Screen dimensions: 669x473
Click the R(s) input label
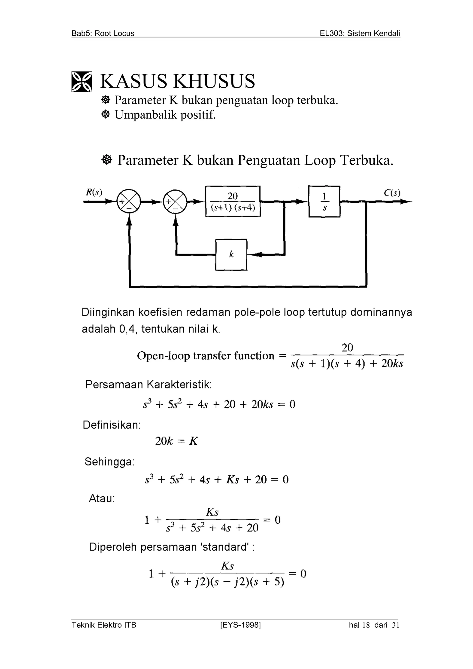pyautogui.click(x=94, y=192)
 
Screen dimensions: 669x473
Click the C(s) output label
pyautogui.click(x=392, y=193)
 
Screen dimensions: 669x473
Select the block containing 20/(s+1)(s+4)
pyautogui.click(x=233, y=201)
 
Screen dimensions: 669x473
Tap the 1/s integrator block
pyautogui.click(x=324, y=201)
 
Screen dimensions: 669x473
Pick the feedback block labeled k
pyautogui.click(x=231, y=255)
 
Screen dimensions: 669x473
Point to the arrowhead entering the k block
pyautogui.click(x=253, y=255)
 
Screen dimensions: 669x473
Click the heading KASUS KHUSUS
pyautogui.click(x=178, y=81)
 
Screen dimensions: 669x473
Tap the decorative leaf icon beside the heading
pyautogui.click(x=82, y=82)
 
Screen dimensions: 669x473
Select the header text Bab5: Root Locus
pyautogui.click(x=103, y=34)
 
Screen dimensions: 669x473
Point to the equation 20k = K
pyautogui.click(x=176, y=441)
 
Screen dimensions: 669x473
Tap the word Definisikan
pyautogui.click(x=112, y=425)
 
